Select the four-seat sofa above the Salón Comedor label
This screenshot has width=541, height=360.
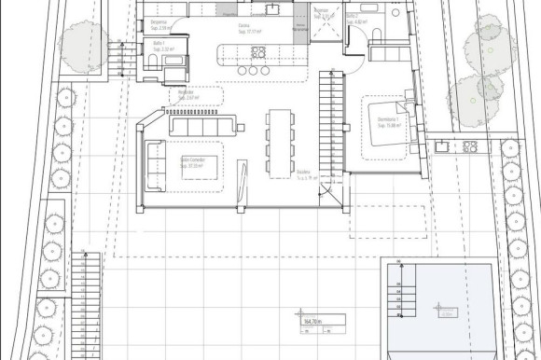point(202,125)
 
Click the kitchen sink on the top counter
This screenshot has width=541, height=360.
point(271,9)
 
